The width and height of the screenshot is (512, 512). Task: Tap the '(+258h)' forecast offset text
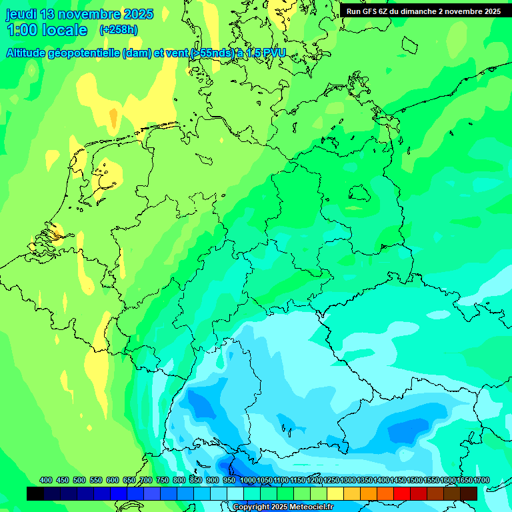coord(119,30)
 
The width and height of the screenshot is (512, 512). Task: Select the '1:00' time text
coord(21,30)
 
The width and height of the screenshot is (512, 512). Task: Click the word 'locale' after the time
coord(65,30)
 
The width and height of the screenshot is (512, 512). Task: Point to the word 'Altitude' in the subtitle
coord(31,53)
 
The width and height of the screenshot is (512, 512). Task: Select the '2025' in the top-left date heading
coord(138,14)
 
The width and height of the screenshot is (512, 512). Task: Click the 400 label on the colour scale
coord(46,481)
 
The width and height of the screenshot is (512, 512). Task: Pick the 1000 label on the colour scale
coord(248,481)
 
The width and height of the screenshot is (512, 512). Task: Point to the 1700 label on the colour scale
coord(464,481)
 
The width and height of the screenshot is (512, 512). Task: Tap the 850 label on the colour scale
coord(196,481)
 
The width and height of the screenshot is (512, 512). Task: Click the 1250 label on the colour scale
coord(331,481)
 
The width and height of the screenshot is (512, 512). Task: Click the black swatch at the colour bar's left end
coord(35,493)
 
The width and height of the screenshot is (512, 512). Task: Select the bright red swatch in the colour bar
coord(402,493)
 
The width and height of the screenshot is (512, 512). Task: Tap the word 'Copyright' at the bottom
coord(251,507)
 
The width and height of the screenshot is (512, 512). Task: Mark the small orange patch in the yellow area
coord(113,118)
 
